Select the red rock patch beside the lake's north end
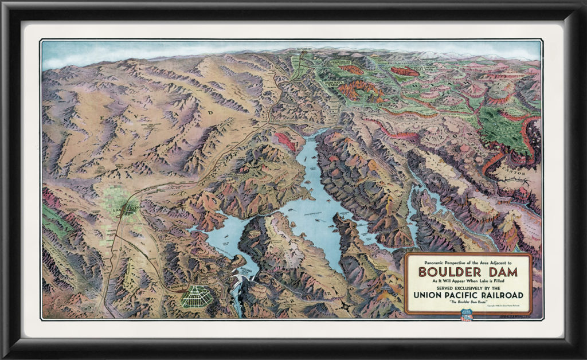pos(285,141)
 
